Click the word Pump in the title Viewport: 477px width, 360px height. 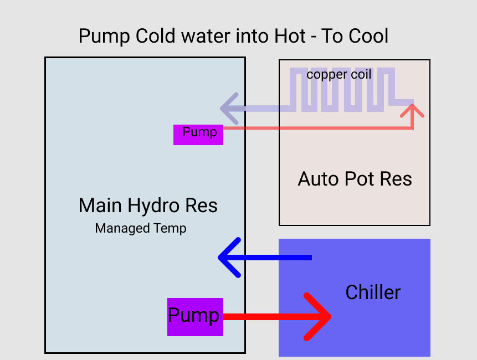105,36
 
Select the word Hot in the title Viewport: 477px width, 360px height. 290,36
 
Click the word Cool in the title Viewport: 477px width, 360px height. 368,36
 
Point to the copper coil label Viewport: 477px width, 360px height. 339,74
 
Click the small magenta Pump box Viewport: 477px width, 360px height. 198,135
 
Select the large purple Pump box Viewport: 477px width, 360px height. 195,317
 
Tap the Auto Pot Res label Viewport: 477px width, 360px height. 355,179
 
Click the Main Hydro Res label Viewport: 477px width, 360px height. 148,205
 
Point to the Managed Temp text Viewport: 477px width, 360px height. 141,228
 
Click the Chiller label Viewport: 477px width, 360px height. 373,292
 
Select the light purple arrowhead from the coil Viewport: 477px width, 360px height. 229,108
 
